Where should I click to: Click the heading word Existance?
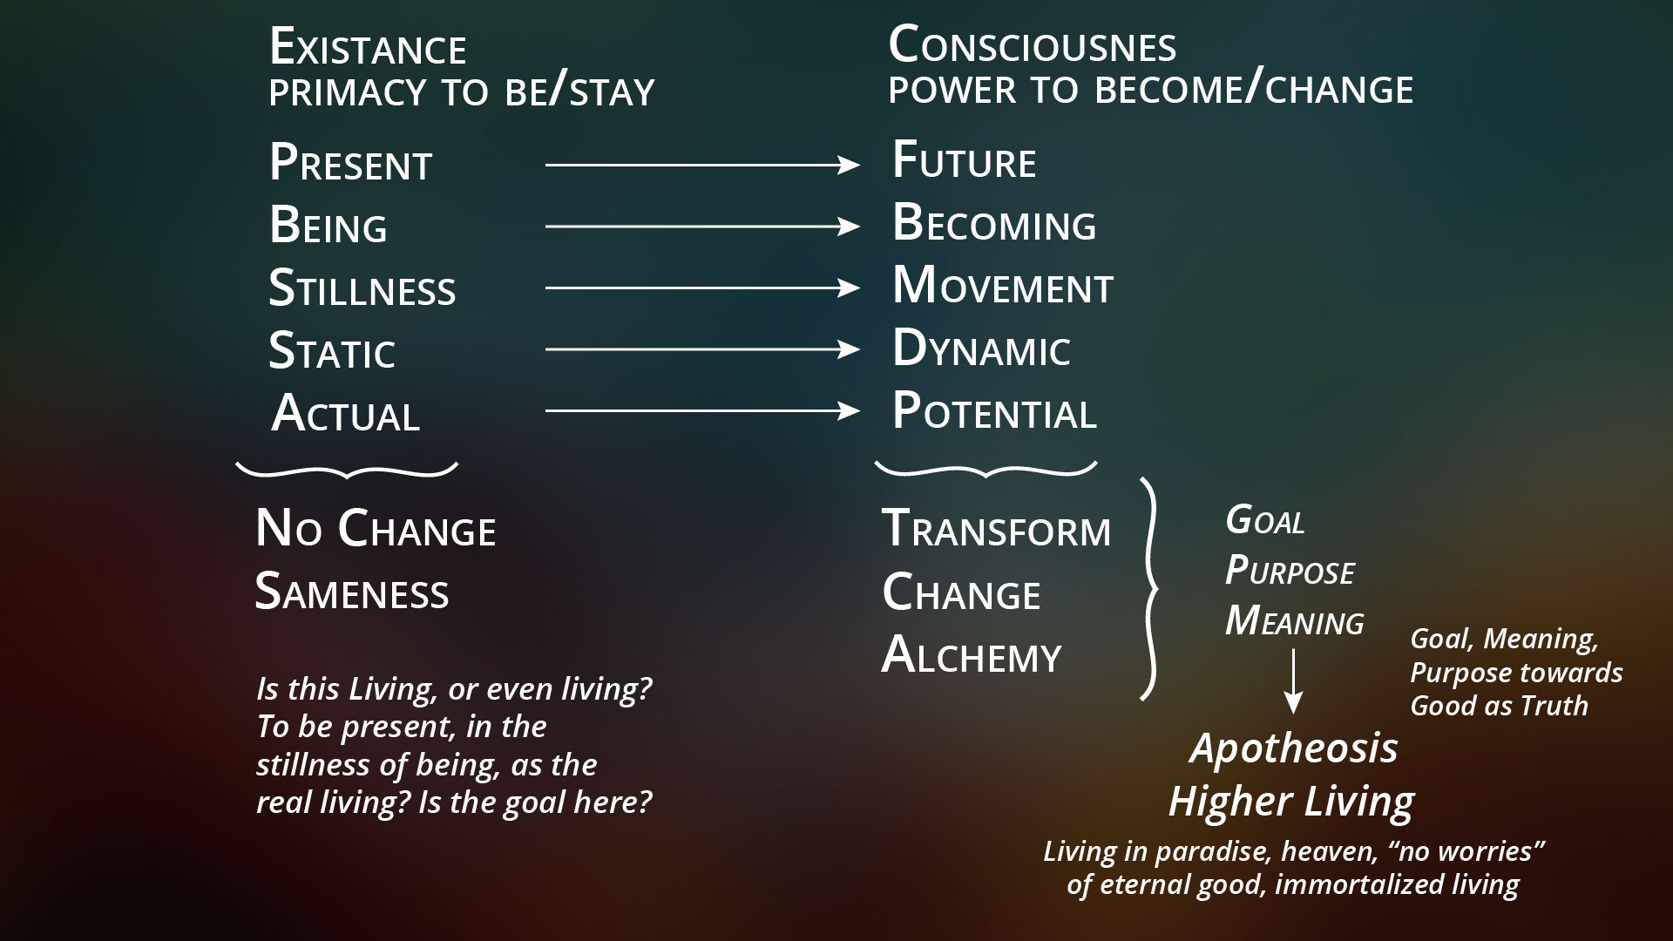click(368, 47)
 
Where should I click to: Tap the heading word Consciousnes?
click(1033, 45)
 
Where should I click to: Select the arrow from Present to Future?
click(702, 164)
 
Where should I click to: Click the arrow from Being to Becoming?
click(702, 227)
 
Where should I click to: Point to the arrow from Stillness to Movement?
click(702, 288)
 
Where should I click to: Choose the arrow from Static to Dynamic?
click(702, 349)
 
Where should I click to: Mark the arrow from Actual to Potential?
click(702, 410)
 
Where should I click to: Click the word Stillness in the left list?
click(362, 288)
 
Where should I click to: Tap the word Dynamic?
click(981, 349)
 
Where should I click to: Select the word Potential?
click(994, 410)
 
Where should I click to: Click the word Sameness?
click(352, 592)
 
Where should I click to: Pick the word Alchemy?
click(972, 655)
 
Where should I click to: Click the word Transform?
click(997, 529)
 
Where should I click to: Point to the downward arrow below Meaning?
click(1294, 682)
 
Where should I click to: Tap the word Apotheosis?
click(1294, 748)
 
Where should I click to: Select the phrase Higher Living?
click(1291, 802)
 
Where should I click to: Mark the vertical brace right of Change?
click(1150, 589)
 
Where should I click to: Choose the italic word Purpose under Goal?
click(1290, 572)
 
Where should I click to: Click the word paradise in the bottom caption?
click(1213, 851)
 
